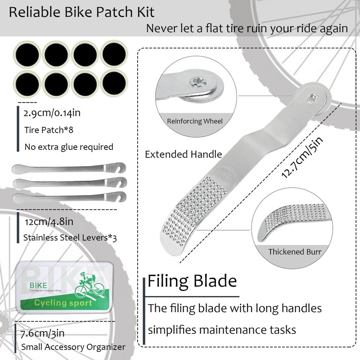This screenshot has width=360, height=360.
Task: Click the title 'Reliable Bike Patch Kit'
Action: click(82, 12)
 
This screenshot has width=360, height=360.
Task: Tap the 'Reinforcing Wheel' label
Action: click(195, 121)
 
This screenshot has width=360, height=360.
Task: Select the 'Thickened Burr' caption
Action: click(295, 252)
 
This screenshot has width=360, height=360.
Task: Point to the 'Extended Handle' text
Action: click(183, 154)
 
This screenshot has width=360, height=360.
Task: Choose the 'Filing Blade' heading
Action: click(192, 282)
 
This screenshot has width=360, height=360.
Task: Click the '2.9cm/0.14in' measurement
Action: click(52, 113)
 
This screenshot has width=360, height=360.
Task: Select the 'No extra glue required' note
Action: click(68, 147)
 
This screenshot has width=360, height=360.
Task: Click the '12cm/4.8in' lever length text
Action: click(48, 221)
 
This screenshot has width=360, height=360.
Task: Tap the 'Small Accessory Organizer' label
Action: click(73, 347)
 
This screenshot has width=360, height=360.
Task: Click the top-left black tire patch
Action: click(27, 55)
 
